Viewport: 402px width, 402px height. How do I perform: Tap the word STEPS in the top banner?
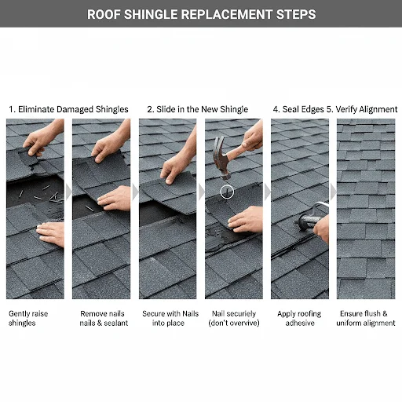[294, 14]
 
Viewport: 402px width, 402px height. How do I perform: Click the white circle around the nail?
[227, 190]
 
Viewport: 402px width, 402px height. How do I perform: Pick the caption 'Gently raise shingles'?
[28, 318]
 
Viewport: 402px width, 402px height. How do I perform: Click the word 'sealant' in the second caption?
[110, 323]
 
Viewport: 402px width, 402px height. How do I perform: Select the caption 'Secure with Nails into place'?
[170, 318]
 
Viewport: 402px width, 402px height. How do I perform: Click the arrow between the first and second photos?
[68, 192]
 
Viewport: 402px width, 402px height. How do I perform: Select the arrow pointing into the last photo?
[332, 192]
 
